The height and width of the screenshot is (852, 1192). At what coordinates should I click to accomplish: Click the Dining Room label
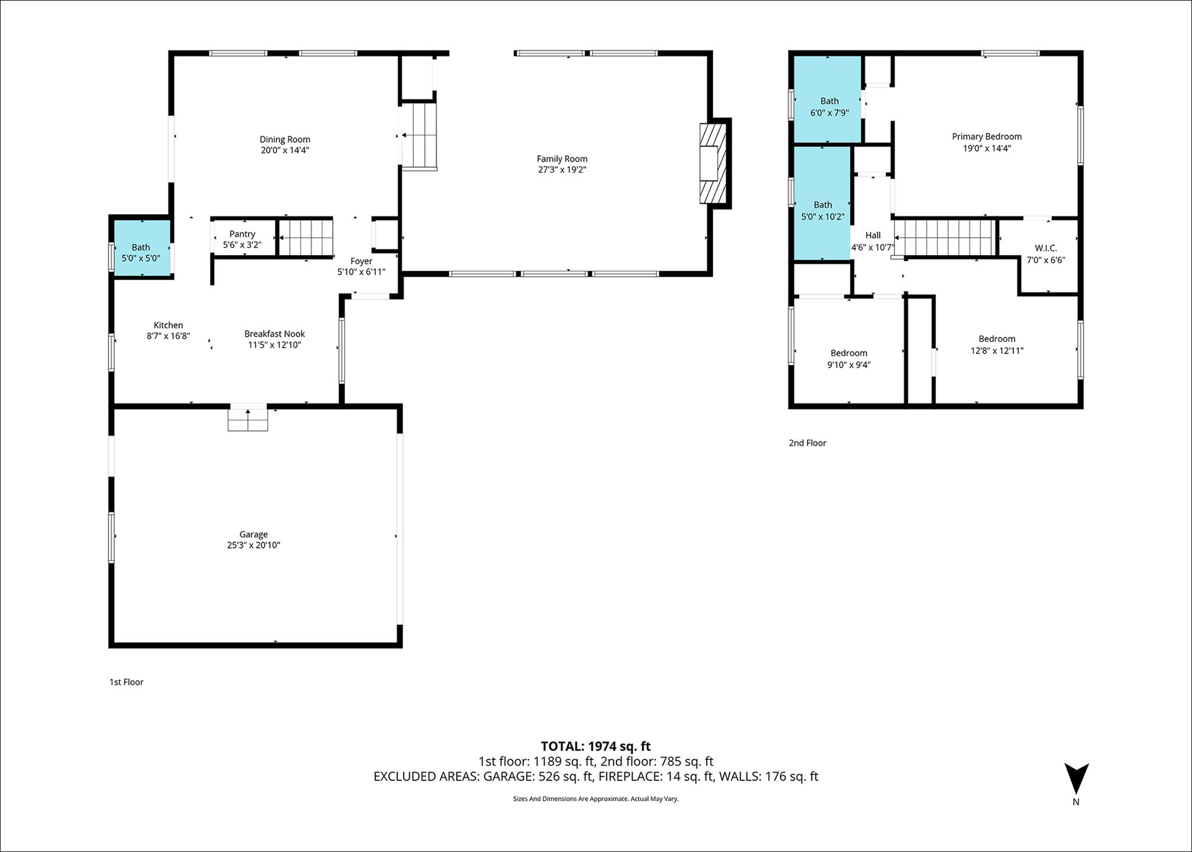285,139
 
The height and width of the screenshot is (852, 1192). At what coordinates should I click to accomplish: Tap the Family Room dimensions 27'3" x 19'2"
562,170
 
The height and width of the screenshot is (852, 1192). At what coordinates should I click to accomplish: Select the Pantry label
242,234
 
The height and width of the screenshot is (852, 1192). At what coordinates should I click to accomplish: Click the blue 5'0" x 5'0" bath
142,248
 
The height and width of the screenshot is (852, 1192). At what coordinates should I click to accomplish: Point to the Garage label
254,534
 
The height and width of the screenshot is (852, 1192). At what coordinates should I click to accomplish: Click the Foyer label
361,261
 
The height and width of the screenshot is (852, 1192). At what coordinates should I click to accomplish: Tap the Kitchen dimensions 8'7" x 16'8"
168,336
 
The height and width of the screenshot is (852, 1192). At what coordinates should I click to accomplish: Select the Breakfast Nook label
275,334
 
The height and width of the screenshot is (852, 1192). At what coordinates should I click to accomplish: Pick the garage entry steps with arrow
248,418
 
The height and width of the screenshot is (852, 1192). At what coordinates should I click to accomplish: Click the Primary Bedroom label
987,136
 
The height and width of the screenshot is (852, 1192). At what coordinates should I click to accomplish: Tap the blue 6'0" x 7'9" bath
828,99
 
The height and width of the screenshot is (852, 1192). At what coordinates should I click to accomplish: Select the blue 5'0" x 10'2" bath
822,203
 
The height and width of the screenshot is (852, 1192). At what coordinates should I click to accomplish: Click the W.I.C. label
1046,248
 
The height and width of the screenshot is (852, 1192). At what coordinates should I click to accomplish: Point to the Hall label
872,235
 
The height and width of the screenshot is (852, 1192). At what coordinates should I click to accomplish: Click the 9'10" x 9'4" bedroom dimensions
849,365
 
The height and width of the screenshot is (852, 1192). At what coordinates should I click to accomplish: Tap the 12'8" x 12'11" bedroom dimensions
997,351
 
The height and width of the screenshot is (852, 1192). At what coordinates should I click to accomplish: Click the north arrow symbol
1076,779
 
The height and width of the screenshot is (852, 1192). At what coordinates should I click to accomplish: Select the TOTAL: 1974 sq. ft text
595,746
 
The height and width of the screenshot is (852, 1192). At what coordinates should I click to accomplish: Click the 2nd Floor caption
807,443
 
